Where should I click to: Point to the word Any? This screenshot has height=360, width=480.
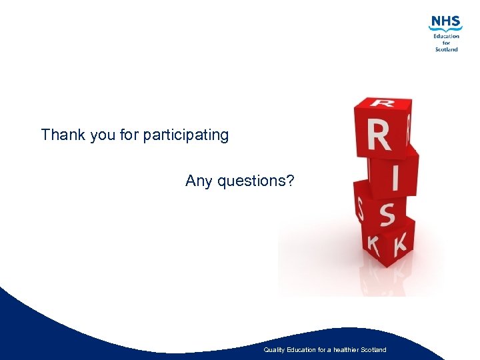tap(198, 181)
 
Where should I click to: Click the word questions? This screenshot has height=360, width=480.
tap(252, 181)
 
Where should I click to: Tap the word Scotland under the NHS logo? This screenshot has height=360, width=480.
tap(447, 49)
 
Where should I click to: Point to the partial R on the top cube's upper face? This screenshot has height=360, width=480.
tap(383, 103)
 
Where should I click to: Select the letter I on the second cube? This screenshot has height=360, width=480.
tap(395, 177)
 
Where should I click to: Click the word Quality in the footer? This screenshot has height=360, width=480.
tap(273, 350)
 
